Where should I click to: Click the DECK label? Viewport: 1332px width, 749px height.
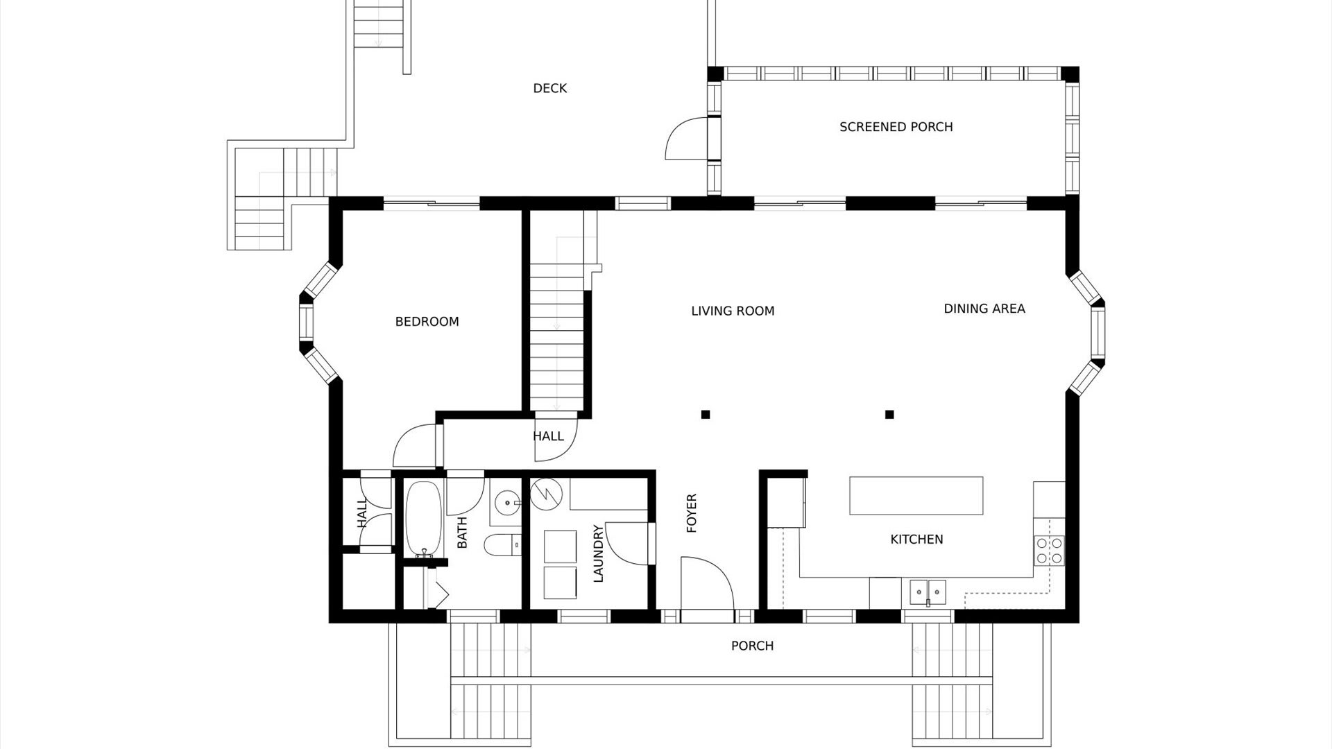point(549,88)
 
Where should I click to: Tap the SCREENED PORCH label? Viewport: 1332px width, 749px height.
point(896,127)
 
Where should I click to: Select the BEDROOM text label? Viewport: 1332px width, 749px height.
point(427,322)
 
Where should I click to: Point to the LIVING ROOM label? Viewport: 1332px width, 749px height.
point(733,311)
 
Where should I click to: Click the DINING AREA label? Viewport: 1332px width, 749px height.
point(984,309)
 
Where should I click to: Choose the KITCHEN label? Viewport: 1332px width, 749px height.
point(916,540)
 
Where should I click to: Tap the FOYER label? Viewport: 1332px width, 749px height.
point(692,513)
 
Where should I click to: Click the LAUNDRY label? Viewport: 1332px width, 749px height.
point(599,553)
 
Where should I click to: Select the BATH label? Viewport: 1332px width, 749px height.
point(462,533)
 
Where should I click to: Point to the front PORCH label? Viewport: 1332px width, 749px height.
point(752,646)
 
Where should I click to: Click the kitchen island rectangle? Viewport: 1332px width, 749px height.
point(916,495)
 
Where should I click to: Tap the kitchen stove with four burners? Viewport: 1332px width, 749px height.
point(1049,549)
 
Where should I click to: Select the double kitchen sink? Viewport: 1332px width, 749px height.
point(928,592)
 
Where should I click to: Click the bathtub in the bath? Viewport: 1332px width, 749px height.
point(419,519)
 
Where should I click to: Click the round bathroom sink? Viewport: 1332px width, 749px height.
point(509,501)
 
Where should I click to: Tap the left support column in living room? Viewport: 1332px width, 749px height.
point(706,415)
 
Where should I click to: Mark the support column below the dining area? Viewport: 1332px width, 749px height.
point(889,415)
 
